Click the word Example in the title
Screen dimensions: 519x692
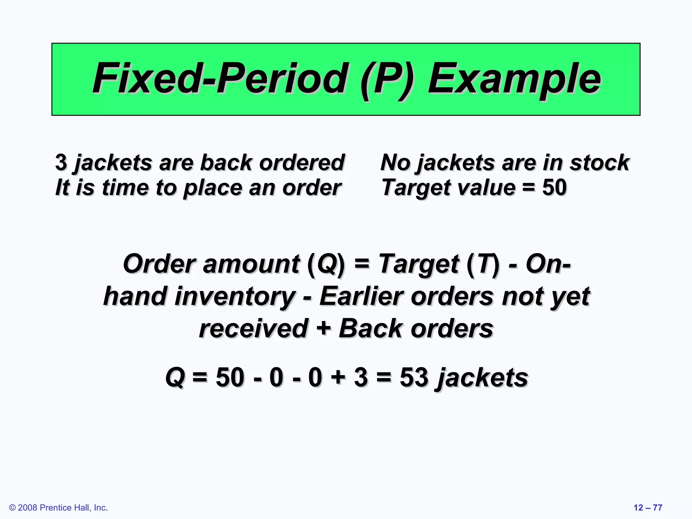click(x=514, y=79)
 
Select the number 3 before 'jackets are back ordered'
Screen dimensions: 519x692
click(x=61, y=162)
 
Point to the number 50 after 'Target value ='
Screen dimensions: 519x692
click(x=554, y=188)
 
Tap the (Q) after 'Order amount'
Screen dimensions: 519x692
click(x=326, y=264)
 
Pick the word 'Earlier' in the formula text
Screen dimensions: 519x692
click(x=361, y=296)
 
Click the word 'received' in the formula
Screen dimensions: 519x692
click(x=253, y=328)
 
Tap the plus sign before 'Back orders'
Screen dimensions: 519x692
click(x=323, y=328)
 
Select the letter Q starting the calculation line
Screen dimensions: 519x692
click(x=175, y=377)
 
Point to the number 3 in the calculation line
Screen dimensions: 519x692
click(x=361, y=377)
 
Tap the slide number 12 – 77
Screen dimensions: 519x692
click(x=648, y=508)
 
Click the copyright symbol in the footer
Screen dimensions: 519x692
click(x=13, y=508)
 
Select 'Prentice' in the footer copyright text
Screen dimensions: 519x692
click(x=55, y=508)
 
